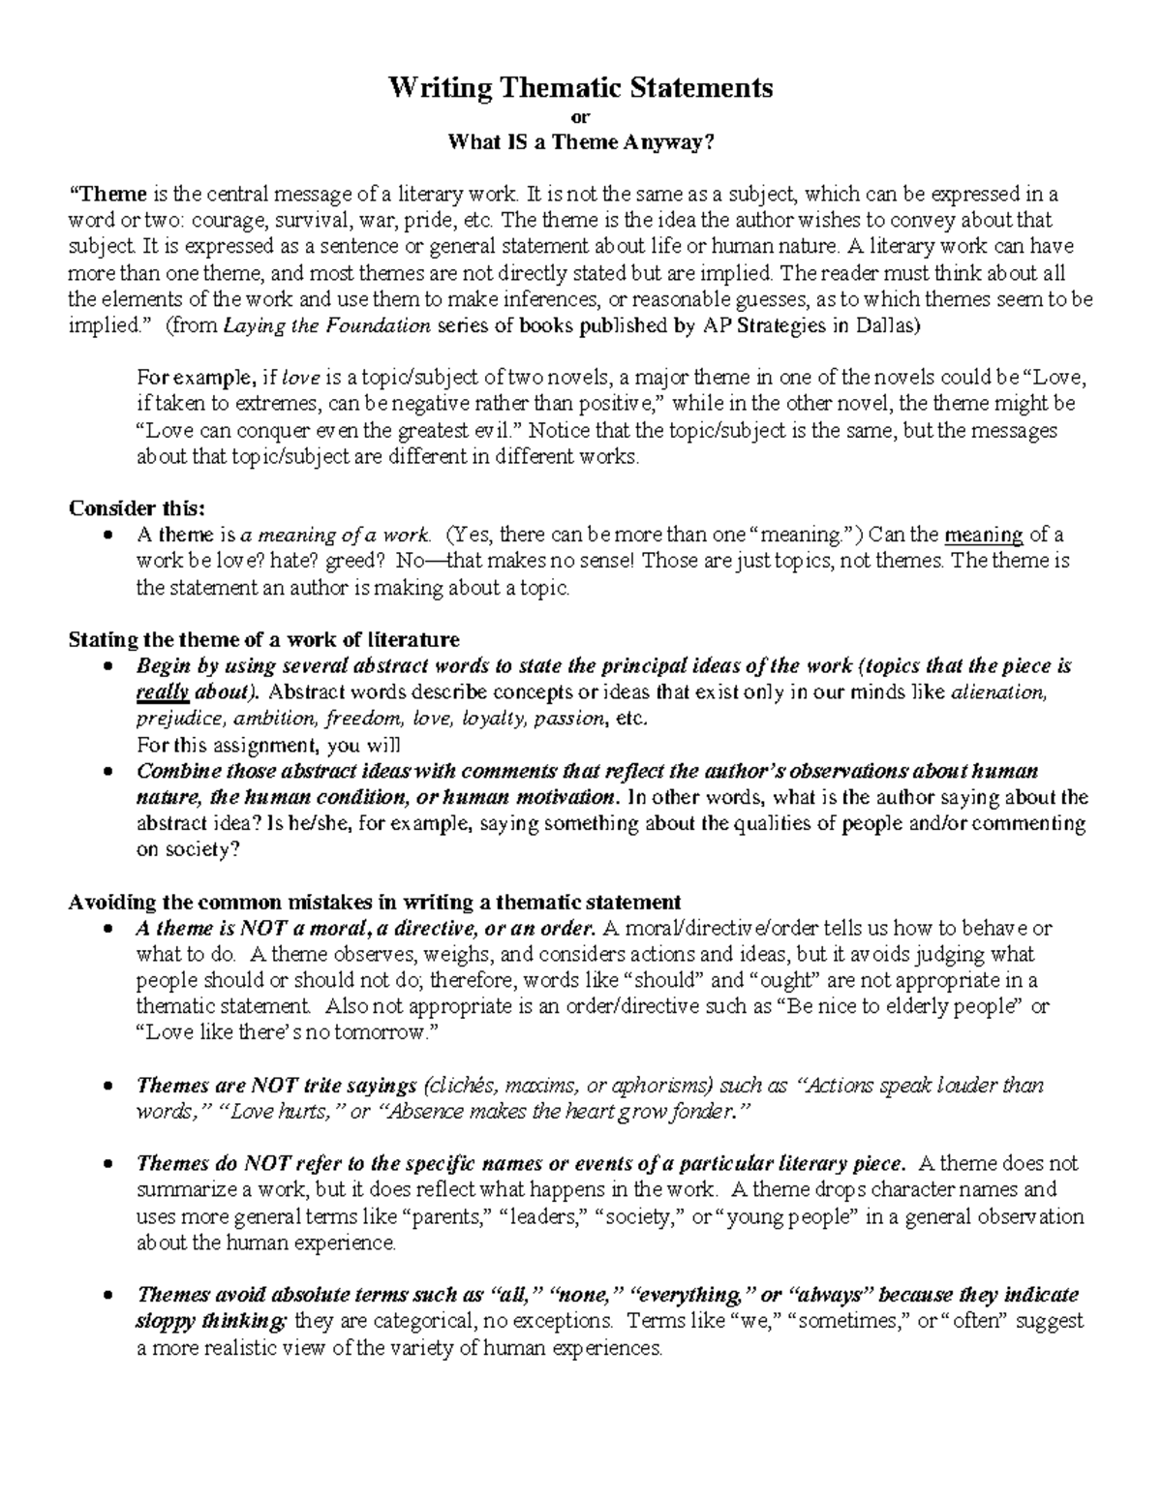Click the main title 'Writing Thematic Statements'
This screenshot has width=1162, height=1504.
pyautogui.click(x=580, y=88)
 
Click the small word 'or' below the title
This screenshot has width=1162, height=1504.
pyautogui.click(x=581, y=118)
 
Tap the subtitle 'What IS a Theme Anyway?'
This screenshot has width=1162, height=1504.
pyautogui.click(x=580, y=143)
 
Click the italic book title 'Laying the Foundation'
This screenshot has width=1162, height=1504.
pyautogui.click(x=327, y=326)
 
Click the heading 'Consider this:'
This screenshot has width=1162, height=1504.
pyautogui.click(x=137, y=509)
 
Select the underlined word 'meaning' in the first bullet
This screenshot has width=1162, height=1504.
pyautogui.click(x=983, y=535)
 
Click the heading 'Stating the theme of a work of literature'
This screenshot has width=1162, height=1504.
pyautogui.click(x=263, y=640)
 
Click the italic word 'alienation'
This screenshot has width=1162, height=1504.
pyautogui.click(x=999, y=692)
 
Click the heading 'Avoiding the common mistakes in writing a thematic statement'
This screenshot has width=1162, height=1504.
pyautogui.click(x=375, y=902)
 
